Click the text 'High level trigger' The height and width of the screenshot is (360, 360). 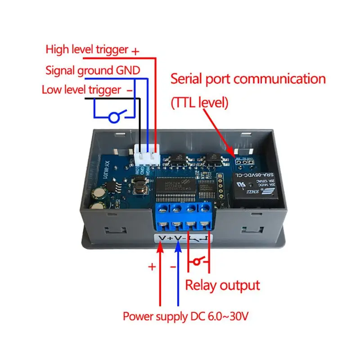click(x=87, y=49)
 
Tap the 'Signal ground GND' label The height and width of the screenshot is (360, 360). click(x=93, y=70)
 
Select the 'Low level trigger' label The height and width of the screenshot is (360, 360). click(x=81, y=89)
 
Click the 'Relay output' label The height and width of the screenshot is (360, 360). click(x=223, y=285)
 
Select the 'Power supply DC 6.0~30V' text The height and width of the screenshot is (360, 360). click(x=185, y=316)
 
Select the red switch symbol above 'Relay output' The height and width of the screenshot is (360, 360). click(x=198, y=261)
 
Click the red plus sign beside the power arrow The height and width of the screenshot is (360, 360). click(x=152, y=266)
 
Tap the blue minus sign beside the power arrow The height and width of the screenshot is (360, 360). click(x=172, y=266)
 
